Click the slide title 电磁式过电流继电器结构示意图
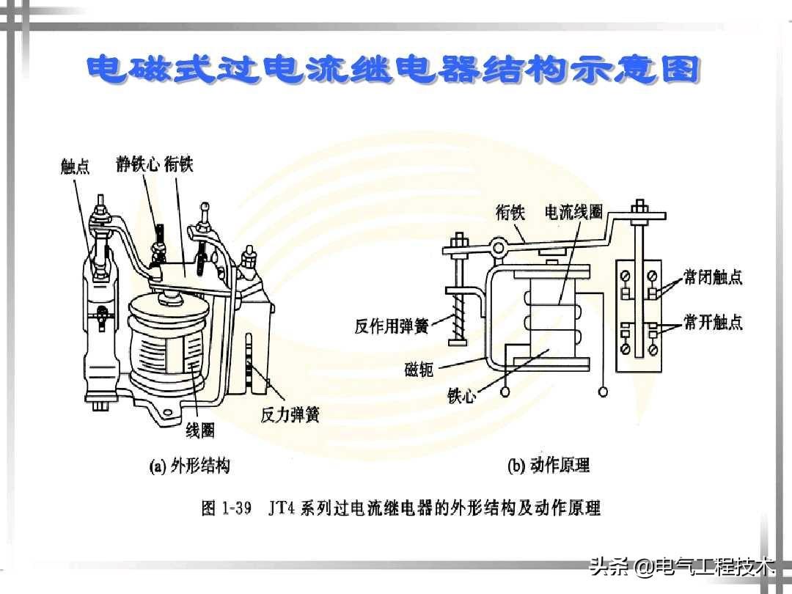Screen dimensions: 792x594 click(x=393, y=69)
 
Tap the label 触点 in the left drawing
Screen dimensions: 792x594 click(x=76, y=166)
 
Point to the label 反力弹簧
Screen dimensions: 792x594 click(x=290, y=414)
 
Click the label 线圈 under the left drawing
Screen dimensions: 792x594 click(x=200, y=430)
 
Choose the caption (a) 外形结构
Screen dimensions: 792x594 click(x=189, y=465)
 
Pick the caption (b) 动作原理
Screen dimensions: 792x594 click(x=549, y=465)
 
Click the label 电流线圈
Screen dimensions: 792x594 click(x=573, y=212)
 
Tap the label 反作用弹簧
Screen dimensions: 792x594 click(x=392, y=326)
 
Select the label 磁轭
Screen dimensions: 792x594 click(x=419, y=369)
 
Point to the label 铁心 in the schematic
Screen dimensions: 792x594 click(x=462, y=395)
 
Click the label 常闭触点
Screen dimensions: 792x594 click(x=714, y=276)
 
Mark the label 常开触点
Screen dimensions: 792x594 click(x=714, y=321)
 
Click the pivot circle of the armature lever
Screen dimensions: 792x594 click(x=499, y=248)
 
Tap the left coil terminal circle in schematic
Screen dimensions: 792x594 click(x=505, y=392)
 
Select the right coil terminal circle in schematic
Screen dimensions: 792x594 click(x=603, y=392)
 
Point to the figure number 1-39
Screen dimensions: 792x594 click(x=236, y=507)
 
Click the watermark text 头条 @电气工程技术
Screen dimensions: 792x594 click(x=682, y=566)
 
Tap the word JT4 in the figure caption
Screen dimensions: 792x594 click(x=282, y=507)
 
